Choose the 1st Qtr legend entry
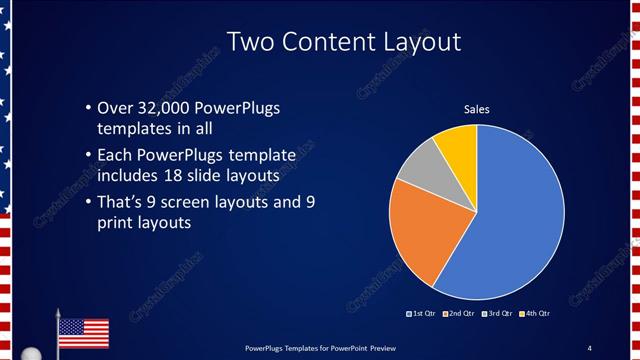(422, 315)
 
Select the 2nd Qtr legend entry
(458, 315)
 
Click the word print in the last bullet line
(113, 224)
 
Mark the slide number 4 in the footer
(590, 347)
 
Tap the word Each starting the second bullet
(114, 155)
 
